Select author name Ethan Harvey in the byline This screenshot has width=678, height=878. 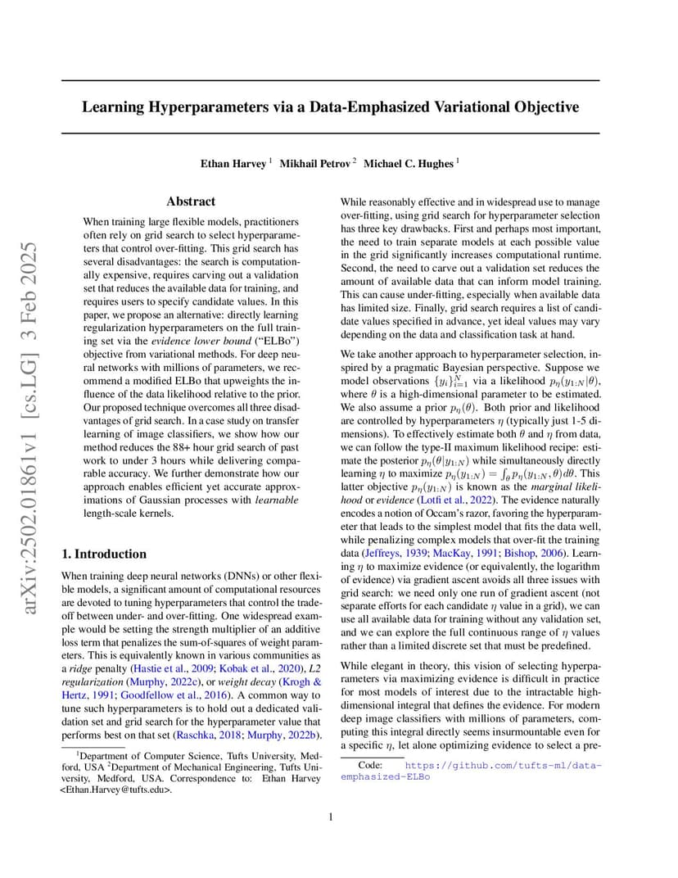pos(233,164)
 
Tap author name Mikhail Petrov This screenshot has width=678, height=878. pos(315,164)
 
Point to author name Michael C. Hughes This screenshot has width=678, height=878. pos(408,164)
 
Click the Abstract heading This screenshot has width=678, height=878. pos(191,201)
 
